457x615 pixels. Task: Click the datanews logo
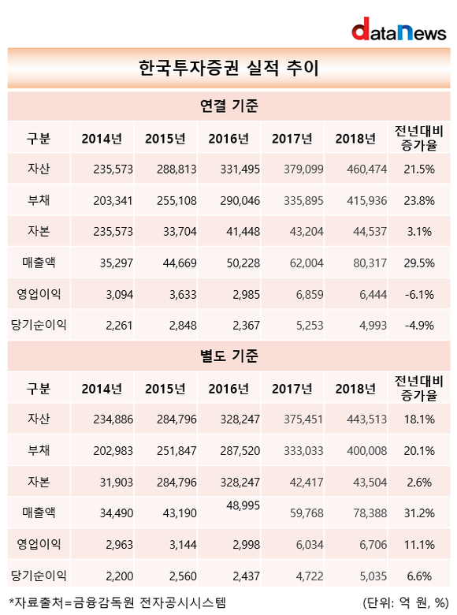coord(399,29)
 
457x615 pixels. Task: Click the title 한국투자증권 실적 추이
coord(228,68)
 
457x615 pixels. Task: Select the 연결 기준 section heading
coord(228,106)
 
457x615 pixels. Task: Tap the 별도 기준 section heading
coord(228,356)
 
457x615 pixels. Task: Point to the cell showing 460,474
coord(367,170)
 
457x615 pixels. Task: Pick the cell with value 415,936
coord(367,201)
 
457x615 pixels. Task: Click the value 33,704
coord(180,232)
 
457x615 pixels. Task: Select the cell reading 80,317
coord(370,263)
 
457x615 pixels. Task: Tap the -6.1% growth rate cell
coord(419,295)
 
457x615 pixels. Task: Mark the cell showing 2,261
coord(119,326)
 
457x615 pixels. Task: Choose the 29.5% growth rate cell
coord(419,263)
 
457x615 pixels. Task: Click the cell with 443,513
coord(367,419)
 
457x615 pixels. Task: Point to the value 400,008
coord(367,451)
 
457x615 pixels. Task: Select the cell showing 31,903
coord(116,482)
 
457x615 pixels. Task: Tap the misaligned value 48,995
coord(243,506)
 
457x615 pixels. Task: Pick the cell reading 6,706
coord(373,545)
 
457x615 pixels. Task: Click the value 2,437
coord(246,576)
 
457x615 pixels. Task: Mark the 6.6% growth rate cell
coord(419,576)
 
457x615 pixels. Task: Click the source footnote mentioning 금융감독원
coord(117,603)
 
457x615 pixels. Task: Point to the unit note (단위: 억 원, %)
coord(405,603)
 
